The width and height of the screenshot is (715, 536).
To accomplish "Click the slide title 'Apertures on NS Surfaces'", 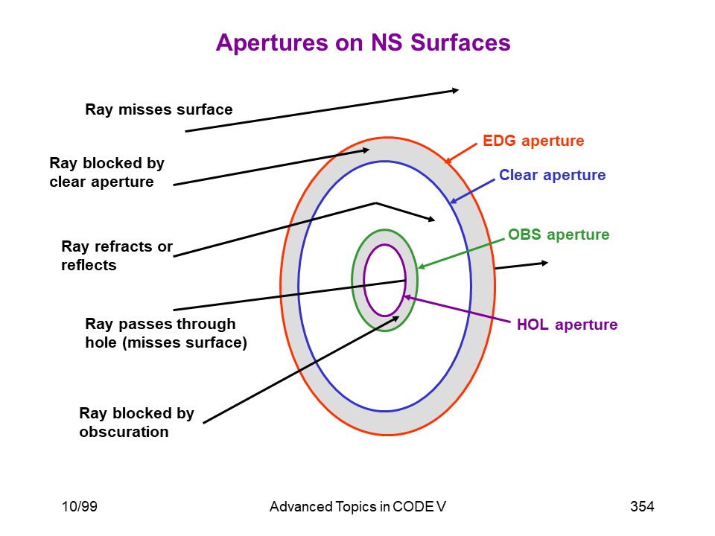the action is [x=363, y=43].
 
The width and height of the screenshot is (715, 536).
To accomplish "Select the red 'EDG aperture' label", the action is [x=533, y=141].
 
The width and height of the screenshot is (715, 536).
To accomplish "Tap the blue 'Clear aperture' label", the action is [x=552, y=175].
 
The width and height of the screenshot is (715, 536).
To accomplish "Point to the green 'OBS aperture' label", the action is [x=559, y=234].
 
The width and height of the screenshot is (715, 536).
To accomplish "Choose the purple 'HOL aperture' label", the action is [x=567, y=325].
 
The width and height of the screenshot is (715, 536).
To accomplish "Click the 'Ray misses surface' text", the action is [x=159, y=109].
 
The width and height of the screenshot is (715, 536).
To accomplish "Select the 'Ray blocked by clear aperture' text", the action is [x=107, y=172].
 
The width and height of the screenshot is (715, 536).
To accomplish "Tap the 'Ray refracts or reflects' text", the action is [x=117, y=255].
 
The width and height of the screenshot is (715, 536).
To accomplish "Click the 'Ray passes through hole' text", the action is [x=160, y=324].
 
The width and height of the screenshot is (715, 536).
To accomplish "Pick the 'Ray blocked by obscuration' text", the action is [x=136, y=422].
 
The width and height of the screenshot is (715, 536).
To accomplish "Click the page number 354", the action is [x=642, y=506].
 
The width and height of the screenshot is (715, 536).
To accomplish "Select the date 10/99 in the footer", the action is [x=80, y=506].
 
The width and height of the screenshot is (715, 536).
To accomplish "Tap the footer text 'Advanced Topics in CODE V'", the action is [x=357, y=506].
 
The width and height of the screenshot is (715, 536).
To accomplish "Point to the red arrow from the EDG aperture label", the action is [x=460, y=153].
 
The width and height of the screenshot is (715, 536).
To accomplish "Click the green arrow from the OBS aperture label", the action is [x=462, y=253].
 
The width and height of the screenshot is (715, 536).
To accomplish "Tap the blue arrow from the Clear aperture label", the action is [x=472, y=191].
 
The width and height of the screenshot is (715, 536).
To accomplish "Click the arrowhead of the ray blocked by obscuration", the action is [x=395, y=319].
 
